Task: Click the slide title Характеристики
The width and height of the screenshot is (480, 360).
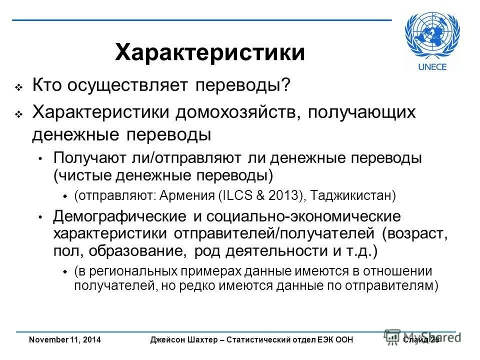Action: (x=210, y=52)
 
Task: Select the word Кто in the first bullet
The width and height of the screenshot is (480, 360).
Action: (x=47, y=86)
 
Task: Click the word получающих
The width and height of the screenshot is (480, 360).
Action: (x=361, y=112)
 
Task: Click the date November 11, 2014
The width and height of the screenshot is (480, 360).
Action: (x=65, y=340)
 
